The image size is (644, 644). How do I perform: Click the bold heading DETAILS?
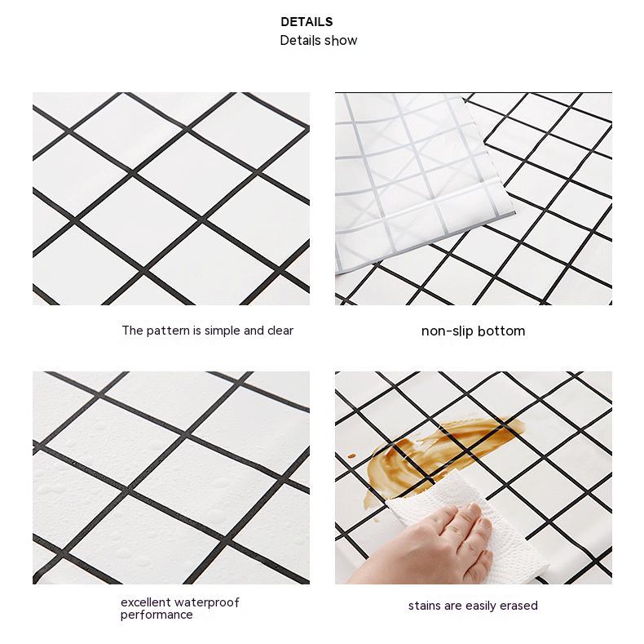(307, 22)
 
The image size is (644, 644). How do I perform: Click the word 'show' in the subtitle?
(340, 41)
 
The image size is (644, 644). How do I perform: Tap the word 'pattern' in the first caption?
(166, 331)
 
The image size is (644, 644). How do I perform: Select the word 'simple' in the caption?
(222, 331)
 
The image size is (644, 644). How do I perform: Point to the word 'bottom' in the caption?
(501, 331)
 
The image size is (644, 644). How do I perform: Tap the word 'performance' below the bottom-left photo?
(157, 615)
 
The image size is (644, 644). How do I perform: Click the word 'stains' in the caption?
(425, 606)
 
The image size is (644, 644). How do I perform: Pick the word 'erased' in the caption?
(520, 606)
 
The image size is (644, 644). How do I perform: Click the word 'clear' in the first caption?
(280, 331)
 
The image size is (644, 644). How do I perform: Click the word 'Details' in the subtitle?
(299, 41)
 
